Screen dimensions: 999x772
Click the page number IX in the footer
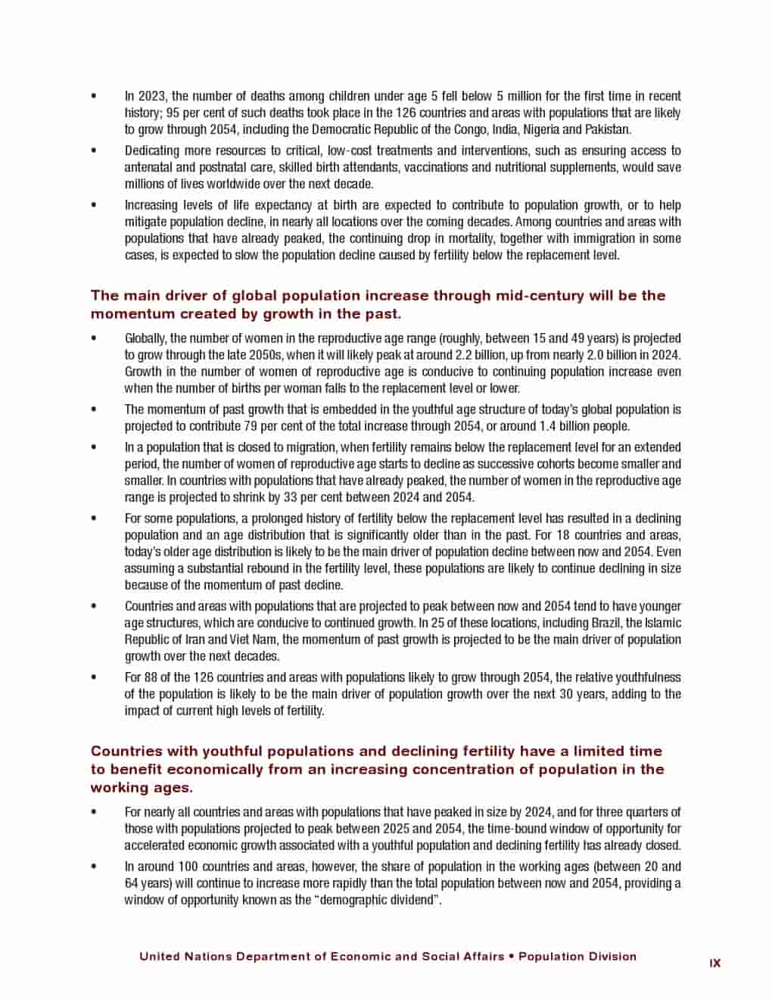714,963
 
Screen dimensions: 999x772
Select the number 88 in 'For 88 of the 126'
152,677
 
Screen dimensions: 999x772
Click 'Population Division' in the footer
577,956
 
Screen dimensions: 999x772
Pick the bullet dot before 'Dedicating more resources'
94,151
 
